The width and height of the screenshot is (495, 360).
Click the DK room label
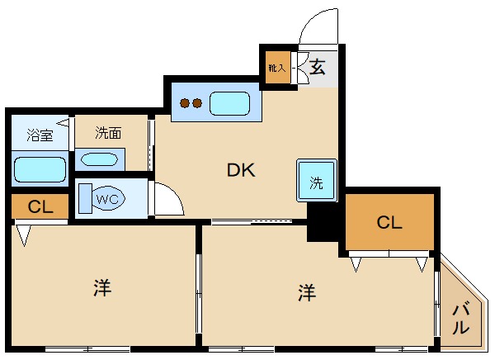(x=241, y=170)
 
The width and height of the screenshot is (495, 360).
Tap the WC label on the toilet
(x=107, y=199)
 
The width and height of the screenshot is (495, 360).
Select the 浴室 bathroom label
(x=40, y=135)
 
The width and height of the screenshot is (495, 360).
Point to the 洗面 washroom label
(x=108, y=133)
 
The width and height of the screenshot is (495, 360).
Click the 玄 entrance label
(x=318, y=67)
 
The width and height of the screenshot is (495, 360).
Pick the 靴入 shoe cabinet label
(x=277, y=68)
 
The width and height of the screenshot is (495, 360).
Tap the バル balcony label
(x=460, y=320)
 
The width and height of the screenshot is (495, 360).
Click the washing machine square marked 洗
(x=317, y=181)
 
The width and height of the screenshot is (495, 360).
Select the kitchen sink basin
(x=230, y=104)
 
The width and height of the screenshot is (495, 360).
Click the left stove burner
(x=185, y=103)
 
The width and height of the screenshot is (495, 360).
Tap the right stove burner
(x=197, y=103)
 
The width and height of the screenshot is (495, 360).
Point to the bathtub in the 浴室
(x=40, y=169)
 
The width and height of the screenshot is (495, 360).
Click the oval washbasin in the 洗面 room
(x=99, y=159)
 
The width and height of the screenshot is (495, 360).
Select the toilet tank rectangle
(x=85, y=198)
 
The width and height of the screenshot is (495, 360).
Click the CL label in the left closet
(x=40, y=207)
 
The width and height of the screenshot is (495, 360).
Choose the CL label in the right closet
(x=389, y=222)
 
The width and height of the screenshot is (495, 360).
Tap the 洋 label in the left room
(x=102, y=287)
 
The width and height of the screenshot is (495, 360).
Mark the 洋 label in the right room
(x=307, y=292)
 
